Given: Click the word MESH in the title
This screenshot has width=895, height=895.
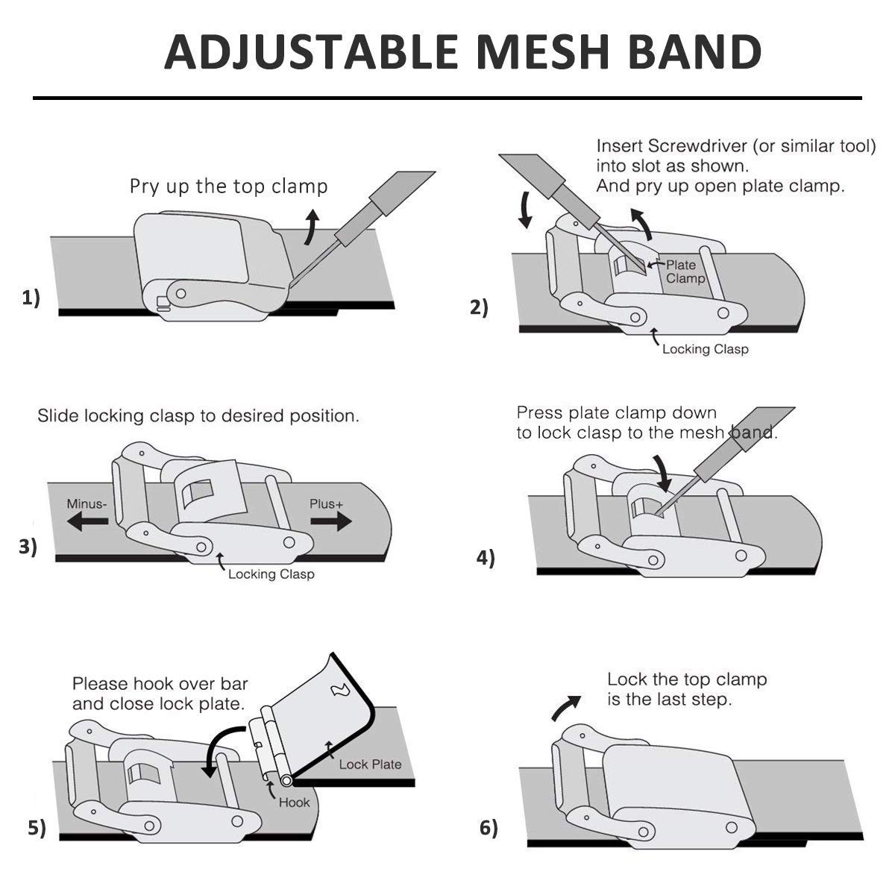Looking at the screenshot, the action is pos(542,51).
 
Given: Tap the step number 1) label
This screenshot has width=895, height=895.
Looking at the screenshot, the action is pos(31,298).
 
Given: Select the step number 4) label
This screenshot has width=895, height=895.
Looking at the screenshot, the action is pos(486,558).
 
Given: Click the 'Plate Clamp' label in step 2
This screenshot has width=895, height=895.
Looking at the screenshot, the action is pos(685,271).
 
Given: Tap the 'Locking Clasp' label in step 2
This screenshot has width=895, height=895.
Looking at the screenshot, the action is pos(705,349).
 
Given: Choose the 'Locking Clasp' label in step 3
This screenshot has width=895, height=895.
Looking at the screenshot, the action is pos(271,574).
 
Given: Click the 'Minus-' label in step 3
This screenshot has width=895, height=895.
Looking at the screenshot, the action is pos(87,504).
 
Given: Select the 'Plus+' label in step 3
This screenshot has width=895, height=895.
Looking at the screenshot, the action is pos(327,504).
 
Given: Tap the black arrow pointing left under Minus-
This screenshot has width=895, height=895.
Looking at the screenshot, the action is pos(87,521).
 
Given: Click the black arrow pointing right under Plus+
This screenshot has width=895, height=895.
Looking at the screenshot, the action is pos(331,521).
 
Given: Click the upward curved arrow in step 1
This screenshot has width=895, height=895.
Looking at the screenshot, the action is pos(312,227).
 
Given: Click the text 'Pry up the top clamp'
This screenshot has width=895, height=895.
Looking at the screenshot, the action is pos(228,186).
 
